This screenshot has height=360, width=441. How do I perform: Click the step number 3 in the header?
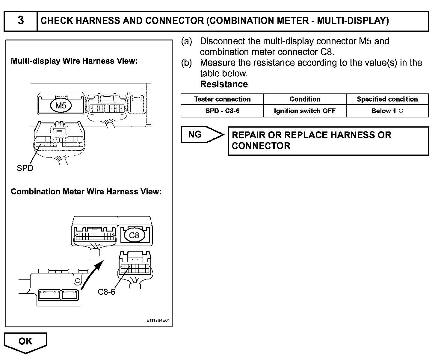20,21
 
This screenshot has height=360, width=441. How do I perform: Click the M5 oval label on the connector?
61,105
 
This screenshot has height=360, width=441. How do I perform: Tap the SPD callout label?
25,168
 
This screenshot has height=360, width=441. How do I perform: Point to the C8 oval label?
134,235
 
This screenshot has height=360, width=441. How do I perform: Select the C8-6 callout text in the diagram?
106,292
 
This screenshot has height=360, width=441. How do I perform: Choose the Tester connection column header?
222,99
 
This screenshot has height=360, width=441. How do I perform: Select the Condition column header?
305,99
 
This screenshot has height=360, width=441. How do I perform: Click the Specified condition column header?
387,99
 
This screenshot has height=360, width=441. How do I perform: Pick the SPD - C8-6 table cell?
222,111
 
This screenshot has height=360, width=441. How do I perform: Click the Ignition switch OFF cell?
305,111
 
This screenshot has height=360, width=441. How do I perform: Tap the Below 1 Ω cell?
387,111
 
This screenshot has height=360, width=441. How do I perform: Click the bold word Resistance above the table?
224,84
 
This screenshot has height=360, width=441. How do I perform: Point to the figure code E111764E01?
158,320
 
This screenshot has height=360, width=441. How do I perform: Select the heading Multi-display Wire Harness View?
74,61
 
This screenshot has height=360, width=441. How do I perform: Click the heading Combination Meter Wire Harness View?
86,192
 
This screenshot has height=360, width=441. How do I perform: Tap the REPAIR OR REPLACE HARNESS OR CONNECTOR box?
328,140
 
